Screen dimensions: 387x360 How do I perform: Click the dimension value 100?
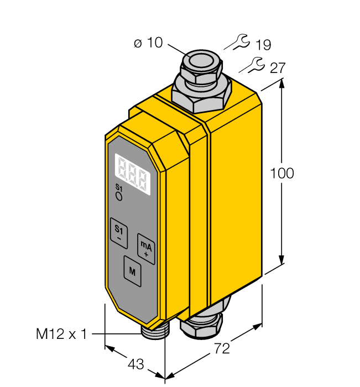281,173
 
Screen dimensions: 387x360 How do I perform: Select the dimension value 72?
221,349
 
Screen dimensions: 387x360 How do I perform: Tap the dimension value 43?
135,364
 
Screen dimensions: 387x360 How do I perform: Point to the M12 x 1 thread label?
61,334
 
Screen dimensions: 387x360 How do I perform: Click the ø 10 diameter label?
148,43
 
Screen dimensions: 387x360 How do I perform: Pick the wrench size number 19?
263,45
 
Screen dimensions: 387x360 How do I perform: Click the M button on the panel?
132,271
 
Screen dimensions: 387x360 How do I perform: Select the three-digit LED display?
133,174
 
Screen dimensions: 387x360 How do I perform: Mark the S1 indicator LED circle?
118,196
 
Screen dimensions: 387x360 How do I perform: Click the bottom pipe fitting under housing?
204,325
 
